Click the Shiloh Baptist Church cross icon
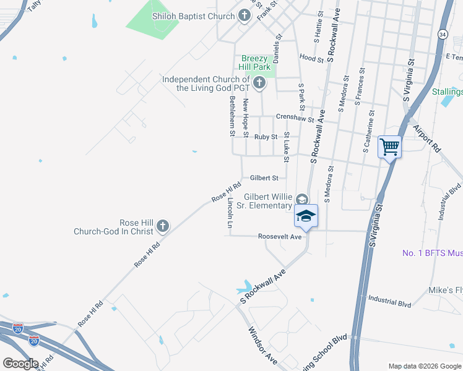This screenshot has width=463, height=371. click(x=244, y=15)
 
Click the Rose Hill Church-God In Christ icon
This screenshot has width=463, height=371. click(x=163, y=226)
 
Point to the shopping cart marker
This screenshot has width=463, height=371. click(x=389, y=147)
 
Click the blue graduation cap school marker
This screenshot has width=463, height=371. click(x=306, y=216)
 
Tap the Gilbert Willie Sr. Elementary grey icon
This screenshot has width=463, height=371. click(x=301, y=199)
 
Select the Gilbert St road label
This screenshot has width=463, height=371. click(x=264, y=178)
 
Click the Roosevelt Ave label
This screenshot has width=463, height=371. click(x=280, y=237)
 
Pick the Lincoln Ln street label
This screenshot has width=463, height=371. click(x=230, y=213)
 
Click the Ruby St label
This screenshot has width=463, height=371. click(x=266, y=137)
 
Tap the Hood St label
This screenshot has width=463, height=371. click(x=311, y=59)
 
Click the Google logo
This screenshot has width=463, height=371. click(x=20, y=364)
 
